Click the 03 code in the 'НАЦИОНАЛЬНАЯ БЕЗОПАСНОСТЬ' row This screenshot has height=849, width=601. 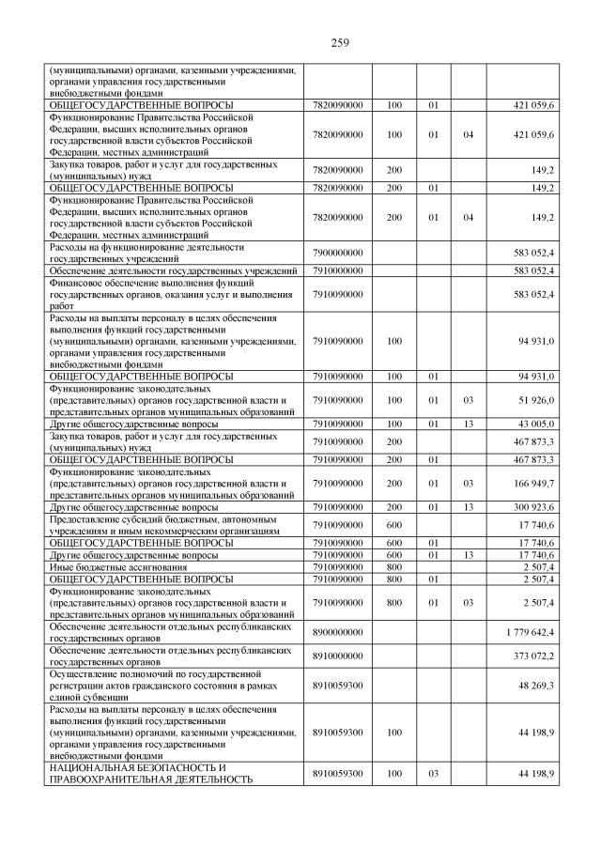[x=434, y=773]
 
